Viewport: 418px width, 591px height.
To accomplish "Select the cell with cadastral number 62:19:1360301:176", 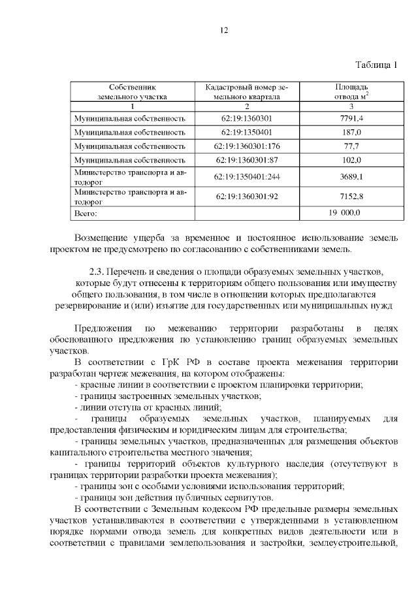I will pos(247,146).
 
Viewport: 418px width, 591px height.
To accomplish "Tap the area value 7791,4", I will pos(351,118).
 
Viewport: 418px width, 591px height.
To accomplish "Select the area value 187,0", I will pos(351,132).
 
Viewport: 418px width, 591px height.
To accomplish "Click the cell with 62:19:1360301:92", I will pos(247,196).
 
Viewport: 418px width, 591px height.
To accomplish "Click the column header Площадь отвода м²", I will pos(351,91).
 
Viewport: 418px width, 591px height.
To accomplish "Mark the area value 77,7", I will pos(351,146).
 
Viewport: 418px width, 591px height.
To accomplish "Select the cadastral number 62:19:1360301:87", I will pos(247,159).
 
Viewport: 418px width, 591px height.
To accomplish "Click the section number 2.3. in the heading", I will pos(97,271).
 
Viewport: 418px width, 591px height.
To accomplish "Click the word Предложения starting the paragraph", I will pos(102,327).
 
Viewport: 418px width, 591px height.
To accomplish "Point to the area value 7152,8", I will pos(351,196).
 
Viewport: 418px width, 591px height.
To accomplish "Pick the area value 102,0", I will pos(351,159).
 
